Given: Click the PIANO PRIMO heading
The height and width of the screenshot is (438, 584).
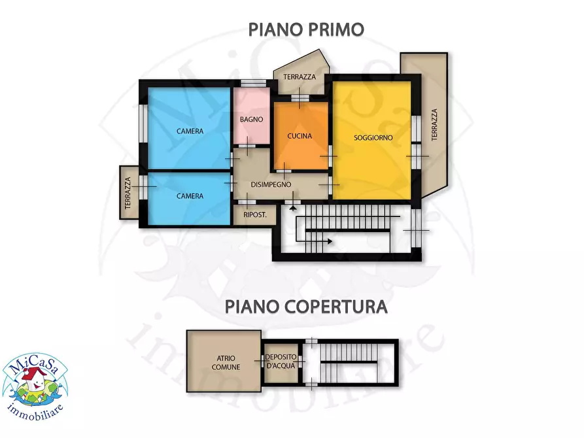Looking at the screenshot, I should click(305, 29).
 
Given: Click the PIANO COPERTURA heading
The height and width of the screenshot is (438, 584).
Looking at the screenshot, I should click(306, 306).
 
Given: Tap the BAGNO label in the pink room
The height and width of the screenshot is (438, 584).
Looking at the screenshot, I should click(251, 119).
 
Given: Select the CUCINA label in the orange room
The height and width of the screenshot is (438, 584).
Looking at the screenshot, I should click(300, 136).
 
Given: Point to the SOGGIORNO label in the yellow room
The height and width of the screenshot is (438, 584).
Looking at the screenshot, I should click(373, 137).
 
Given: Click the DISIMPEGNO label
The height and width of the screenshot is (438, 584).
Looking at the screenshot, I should click(271, 184).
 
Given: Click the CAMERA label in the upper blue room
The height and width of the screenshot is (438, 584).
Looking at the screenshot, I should click(190, 131).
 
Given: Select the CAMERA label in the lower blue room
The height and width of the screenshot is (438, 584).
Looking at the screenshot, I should click(190, 195).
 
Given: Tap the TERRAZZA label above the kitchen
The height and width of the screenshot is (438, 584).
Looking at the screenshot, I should click(300, 76).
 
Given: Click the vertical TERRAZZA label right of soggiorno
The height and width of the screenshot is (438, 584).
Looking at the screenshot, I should click(434, 124).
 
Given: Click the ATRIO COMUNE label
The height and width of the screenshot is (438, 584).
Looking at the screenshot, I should click(224, 362).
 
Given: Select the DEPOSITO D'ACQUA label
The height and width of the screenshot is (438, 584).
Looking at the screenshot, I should click(282, 362).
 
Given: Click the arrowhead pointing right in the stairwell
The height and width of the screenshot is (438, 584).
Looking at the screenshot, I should click(329, 241).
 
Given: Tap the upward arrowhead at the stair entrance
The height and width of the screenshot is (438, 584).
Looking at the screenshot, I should click(293, 207).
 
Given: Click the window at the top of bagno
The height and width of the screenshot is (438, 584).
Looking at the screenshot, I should click(251, 83).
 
